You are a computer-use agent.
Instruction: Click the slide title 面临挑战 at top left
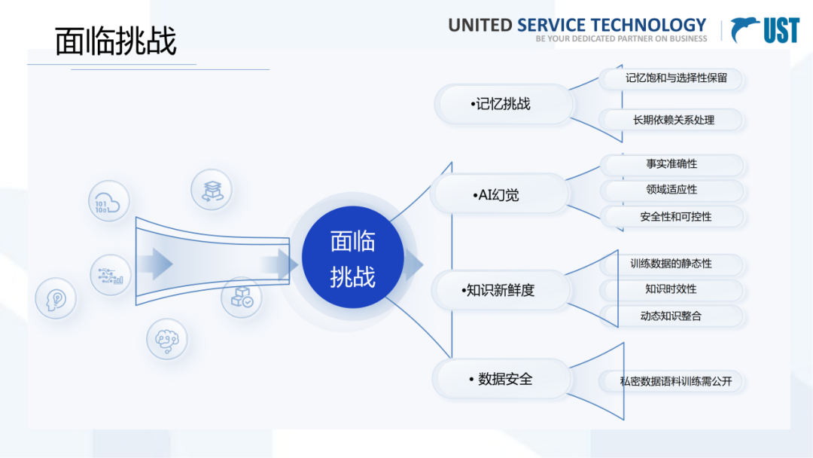click(116, 42)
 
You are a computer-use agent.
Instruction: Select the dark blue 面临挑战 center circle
click(352, 259)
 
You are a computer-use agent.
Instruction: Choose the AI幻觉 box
click(499, 195)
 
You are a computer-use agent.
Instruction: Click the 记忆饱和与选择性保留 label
click(675, 78)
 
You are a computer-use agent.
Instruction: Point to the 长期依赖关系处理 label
click(674, 120)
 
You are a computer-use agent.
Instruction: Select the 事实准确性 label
click(671, 164)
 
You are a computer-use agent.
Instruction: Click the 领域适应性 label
click(671, 190)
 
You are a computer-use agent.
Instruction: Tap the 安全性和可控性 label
click(675, 217)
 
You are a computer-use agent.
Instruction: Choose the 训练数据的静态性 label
click(671, 264)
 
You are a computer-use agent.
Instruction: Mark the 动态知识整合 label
click(671, 316)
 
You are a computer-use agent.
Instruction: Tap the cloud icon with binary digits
click(109, 201)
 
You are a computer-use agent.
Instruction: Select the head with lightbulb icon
click(56, 299)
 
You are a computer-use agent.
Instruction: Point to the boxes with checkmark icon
click(242, 297)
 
